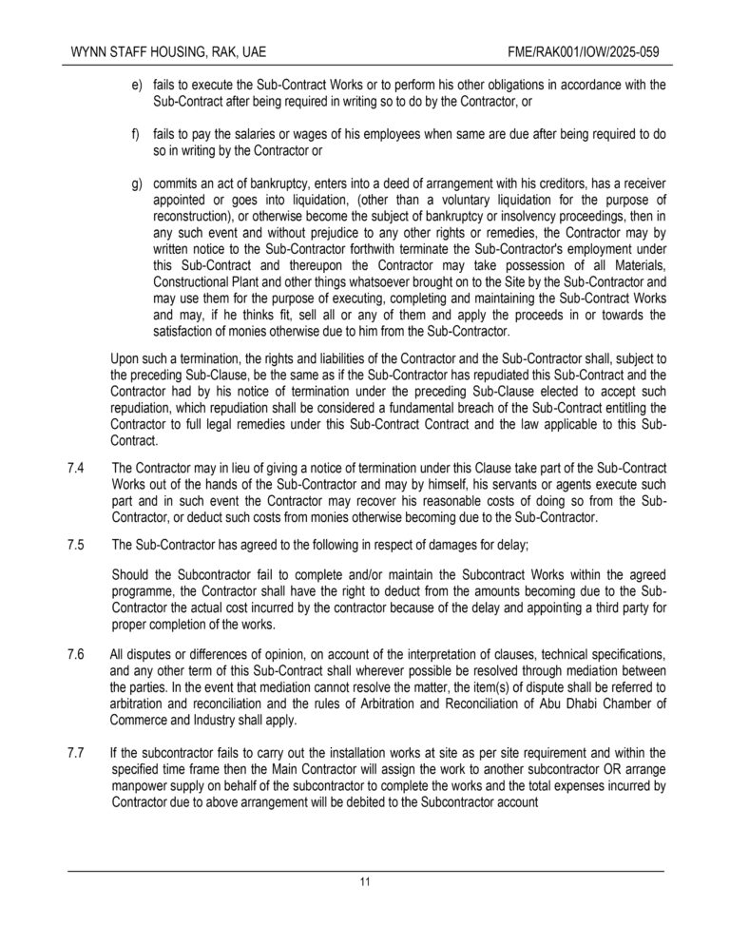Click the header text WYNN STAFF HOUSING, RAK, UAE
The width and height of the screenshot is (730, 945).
(x=161, y=48)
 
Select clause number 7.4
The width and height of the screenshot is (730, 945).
(x=77, y=472)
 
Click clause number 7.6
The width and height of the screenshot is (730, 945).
(x=77, y=656)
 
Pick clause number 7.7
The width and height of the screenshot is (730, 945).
(x=77, y=754)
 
